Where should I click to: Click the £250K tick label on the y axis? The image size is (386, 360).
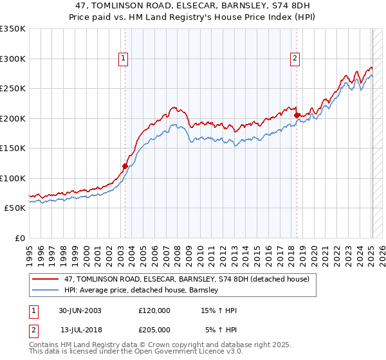pos(12,89)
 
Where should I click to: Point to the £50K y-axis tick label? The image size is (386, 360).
pos(14,208)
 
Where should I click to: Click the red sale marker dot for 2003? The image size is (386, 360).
pos(125,166)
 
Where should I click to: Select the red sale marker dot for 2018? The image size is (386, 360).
pos(297,115)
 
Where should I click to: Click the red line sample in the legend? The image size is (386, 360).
pos(46,279)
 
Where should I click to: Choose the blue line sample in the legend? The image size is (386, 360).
pos(46,290)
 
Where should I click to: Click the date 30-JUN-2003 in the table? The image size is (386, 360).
pos(80,310)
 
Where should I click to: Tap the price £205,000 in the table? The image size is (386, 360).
pos(154,330)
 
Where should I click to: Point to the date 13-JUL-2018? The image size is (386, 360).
pos(80,330)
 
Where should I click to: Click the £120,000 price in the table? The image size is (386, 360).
pos(154,310)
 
